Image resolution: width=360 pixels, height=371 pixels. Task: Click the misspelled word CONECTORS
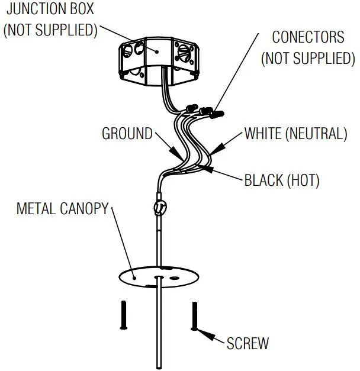(x=307, y=37)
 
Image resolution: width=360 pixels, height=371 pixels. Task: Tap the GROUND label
(x=127, y=134)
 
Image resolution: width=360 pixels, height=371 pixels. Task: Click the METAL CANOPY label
(x=63, y=209)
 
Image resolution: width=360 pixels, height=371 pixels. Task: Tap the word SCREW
(x=247, y=343)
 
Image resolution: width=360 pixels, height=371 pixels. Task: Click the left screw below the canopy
(x=124, y=315)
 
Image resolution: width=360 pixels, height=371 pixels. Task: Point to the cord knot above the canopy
(x=159, y=208)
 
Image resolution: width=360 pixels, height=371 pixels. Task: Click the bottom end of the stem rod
(x=159, y=364)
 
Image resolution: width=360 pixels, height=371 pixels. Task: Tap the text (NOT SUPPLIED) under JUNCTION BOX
(x=50, y=30)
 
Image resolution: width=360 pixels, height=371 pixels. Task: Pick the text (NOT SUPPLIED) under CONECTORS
(x=307, y=58)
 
